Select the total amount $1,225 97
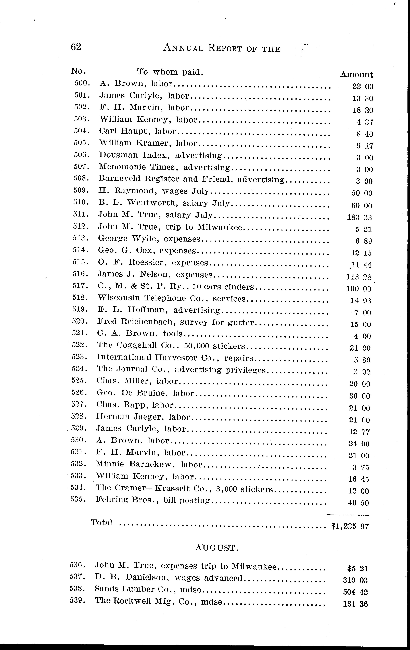[350, 526]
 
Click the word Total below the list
[101, 523]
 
